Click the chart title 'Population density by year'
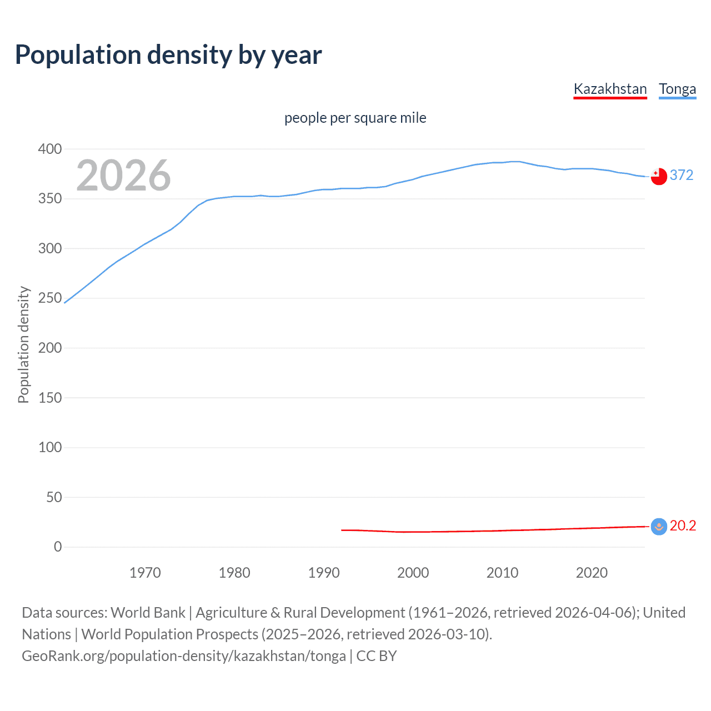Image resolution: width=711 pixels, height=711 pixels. pyautogui.click(x=168, y=55)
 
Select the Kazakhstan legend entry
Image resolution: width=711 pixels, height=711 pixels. pyautogui.click(x=610, y=89)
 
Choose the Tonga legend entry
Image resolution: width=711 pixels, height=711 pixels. pyautogui.click(x=677, y=89)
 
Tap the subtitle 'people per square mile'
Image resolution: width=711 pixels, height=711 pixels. pyautogui.click(x=355, y=118)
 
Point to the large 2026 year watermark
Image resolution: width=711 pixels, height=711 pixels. pyautogui.click(x=123, y=176)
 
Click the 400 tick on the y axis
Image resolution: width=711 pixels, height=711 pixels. pyautogui.click(x=50, y=149)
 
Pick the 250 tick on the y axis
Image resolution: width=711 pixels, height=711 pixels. pyautogui.click(x=50, y=298)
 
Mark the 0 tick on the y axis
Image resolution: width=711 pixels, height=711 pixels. pyautogui.click(x=58, y=547)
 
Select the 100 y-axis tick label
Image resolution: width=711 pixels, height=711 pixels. pyautogui.click(x=50, y=447)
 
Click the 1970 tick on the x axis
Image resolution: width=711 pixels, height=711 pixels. pyautogui.click(x=145, y=573)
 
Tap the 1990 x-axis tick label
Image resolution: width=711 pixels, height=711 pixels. pyautogui.click(x=324, y=573)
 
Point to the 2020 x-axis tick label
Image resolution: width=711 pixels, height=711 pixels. pyautogui.click(x=592, y=573)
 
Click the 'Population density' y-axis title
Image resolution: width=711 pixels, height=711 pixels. pyautogui.click(x=23, y=344)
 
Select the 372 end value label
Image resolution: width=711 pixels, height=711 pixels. pyautogui.click(x=682, y=176)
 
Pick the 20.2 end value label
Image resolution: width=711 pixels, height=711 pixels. pyautogui.click(x=683, y=526)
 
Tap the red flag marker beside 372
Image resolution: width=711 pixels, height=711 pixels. pyautogui.click(x=659, y=176)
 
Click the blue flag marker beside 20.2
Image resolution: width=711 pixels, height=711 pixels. pyautogui.click(x=659, y=527)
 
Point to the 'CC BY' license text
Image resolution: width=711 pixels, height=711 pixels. pyautogui.click(x=377, y=656)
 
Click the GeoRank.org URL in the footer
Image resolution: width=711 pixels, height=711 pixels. pyautogui.click(x=184, y=656)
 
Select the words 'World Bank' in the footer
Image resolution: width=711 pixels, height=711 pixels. pyautogui.click(x=148, y=613)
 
